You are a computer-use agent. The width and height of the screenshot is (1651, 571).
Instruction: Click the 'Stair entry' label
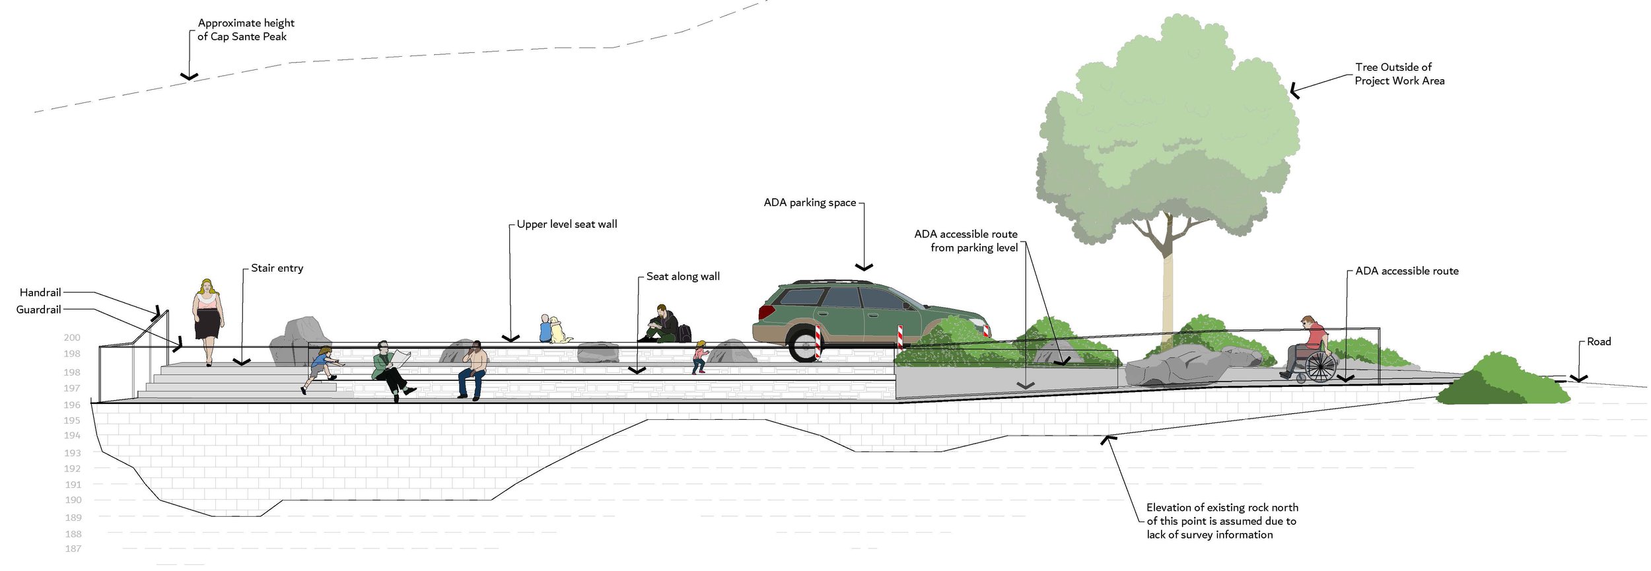pos(277,268)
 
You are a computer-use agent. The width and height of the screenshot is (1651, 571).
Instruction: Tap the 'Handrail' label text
pos(40,292)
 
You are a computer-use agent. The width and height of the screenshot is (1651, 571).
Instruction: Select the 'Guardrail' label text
pos(38,310)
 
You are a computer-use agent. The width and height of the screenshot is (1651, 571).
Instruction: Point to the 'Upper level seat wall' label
pos(567,224)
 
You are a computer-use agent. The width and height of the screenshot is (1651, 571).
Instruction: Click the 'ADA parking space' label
pos(810,203)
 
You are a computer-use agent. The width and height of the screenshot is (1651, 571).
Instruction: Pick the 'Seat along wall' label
pos(683,277)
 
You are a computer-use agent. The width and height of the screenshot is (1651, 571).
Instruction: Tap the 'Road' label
pos(1598,341)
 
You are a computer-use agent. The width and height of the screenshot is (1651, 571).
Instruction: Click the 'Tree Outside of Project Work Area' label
pos(1399,74)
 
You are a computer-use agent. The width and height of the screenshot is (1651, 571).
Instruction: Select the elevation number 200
pos(72,337)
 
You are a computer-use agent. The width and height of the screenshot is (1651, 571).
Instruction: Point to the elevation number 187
pos(73,549)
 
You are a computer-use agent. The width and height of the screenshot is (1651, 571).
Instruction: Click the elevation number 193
pos(73,453)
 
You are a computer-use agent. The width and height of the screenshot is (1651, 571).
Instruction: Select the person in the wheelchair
pos(1311,350)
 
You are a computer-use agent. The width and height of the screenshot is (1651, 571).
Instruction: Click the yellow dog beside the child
pos(559,330)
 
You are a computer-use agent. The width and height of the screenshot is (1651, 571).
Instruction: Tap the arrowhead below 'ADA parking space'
pos(864,267)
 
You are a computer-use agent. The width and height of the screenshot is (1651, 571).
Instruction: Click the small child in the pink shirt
pos(699,357)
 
